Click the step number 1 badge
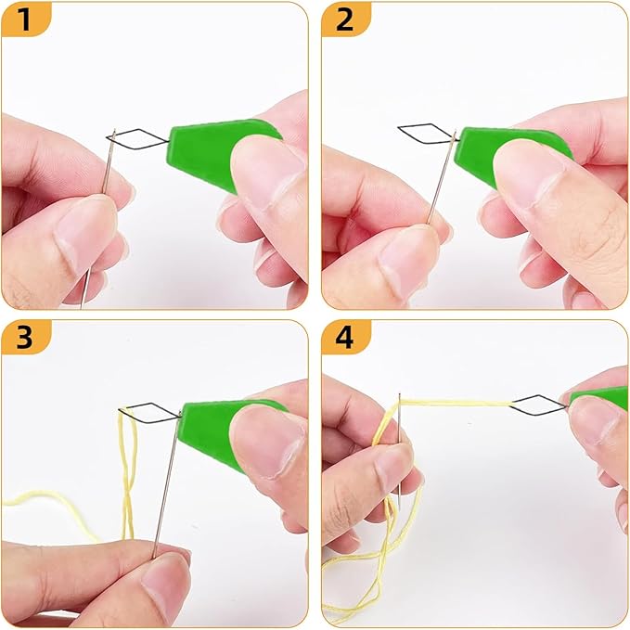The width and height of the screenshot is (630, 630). tap(25, 19)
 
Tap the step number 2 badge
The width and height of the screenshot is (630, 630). tap(345, 19)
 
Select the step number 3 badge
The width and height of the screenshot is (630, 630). tap(25, 337)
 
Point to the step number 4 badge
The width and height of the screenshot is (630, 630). tap(345, 337)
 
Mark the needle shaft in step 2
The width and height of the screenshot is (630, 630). tap(441, 178)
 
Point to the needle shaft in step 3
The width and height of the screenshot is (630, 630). tap(165, 484)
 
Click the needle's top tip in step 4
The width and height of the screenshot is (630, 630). tap(399, 394)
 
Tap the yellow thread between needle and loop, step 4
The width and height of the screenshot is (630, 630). tap(456, 402)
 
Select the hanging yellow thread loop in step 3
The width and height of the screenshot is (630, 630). tap(129, 474)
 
